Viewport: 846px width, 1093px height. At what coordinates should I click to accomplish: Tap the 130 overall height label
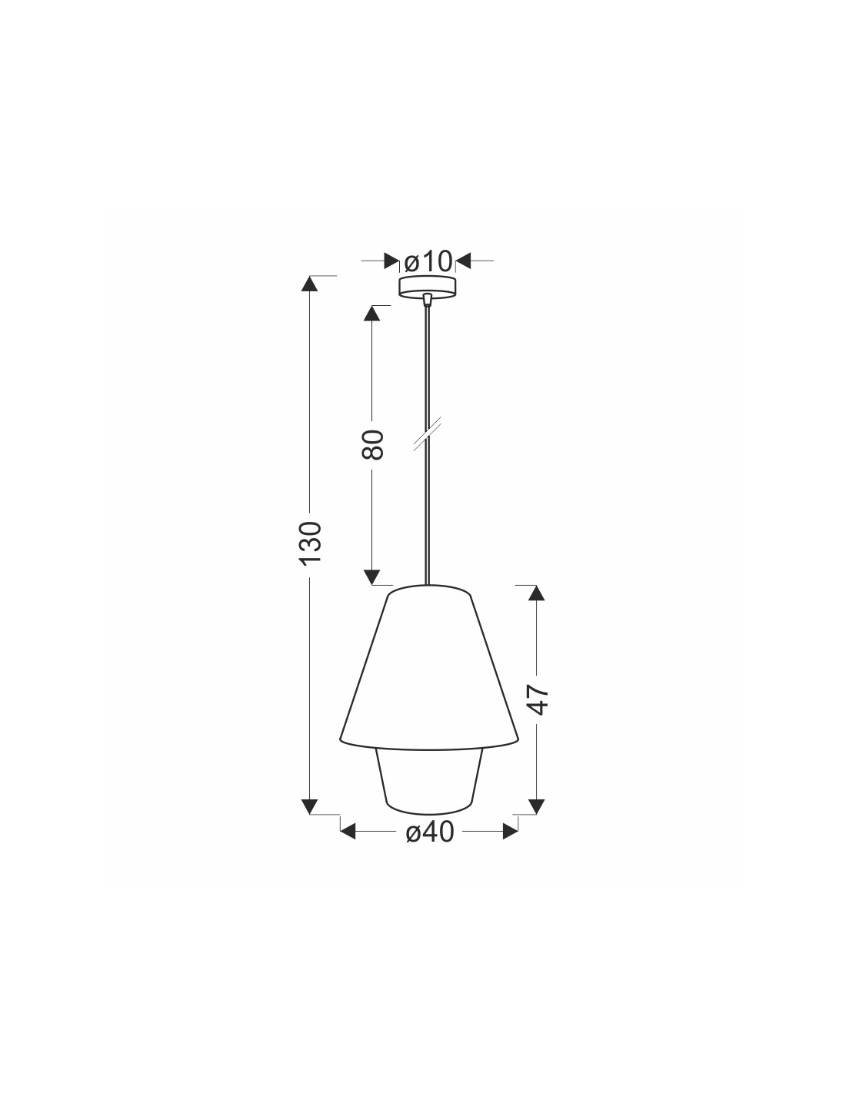click(311, 543)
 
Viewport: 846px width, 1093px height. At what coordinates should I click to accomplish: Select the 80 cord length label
click(373, 444)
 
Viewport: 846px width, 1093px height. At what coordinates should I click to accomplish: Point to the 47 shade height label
click(538, 699)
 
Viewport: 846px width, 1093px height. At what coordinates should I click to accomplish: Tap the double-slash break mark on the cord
click(428, 433)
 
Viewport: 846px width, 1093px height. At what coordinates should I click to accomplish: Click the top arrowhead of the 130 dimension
click(309, 283)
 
